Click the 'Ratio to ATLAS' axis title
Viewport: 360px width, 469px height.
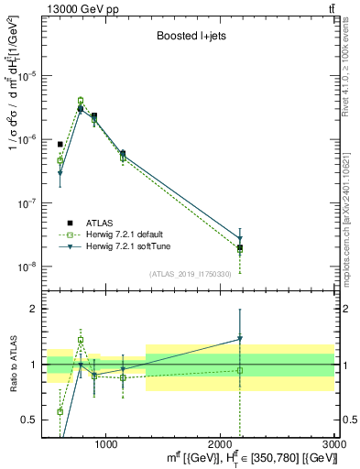[x=13, y=365]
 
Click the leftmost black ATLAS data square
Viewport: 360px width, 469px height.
[x=60, y=144]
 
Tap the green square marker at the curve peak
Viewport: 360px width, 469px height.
[x=81, y=101]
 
